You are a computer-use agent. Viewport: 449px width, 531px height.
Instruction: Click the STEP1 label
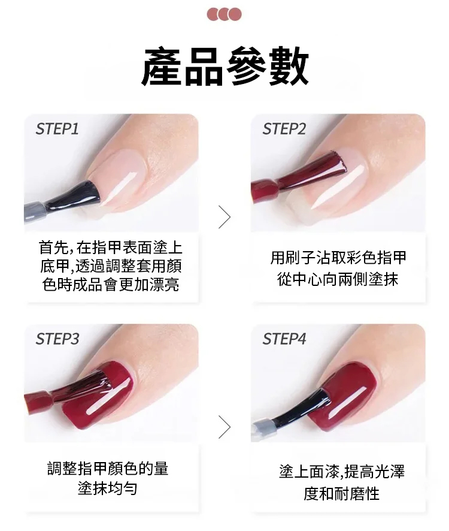57,129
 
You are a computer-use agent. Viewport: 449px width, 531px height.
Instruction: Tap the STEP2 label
284,129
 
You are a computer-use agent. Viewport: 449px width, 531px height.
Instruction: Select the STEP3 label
57,339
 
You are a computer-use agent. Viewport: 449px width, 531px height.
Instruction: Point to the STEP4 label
284,339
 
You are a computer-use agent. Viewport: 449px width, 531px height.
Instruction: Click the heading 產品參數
224,66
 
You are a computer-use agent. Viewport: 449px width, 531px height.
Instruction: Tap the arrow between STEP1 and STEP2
224,217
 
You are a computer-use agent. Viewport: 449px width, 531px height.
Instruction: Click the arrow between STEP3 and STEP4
224,427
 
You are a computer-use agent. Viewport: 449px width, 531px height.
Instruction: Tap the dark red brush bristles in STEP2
315,170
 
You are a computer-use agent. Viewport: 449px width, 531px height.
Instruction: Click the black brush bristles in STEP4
303,408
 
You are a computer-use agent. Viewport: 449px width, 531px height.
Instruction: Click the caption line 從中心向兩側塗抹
338,279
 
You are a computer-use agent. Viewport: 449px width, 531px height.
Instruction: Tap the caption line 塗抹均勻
108,488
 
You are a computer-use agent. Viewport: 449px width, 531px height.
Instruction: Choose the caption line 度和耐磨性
341,493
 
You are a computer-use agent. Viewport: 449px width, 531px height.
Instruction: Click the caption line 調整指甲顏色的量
108,468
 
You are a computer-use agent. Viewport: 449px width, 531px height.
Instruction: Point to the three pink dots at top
224,14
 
